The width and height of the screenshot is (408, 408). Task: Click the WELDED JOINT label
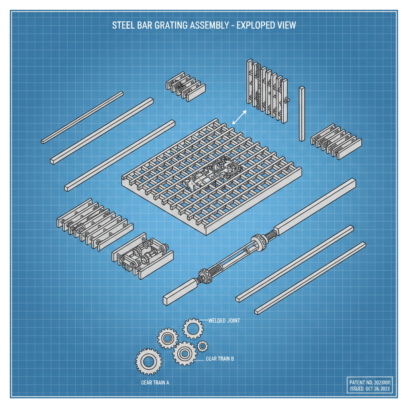[224, 321]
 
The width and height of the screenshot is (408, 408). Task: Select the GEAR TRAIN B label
[220, 359]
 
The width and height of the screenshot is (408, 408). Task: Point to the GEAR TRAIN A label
[155, 382]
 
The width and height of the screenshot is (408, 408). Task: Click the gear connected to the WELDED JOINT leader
[193, 329]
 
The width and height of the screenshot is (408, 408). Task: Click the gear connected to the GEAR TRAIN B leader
[184, 353]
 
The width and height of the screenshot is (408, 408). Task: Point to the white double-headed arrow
[239, 117]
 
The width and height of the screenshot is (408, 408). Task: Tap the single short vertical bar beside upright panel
[302, 113]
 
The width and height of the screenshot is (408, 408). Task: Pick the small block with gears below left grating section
[142, 259]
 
